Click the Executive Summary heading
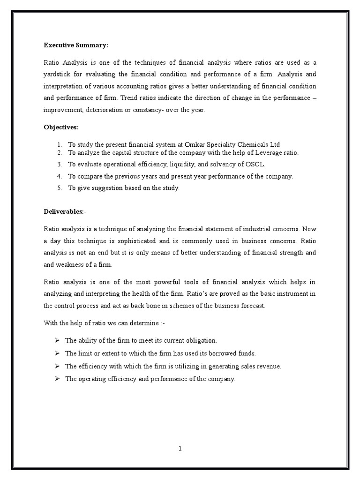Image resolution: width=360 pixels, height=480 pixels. (76, 45)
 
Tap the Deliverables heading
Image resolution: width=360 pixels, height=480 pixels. (65, 212)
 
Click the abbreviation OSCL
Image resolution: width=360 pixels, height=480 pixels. (246, 165)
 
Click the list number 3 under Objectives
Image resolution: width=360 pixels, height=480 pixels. (60, 165)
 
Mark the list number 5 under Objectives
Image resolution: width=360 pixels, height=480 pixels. (60, 188)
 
